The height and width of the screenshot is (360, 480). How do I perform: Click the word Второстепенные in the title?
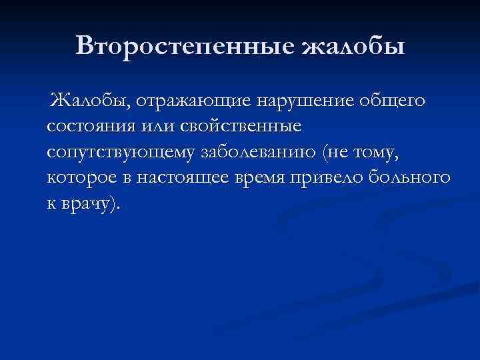185,46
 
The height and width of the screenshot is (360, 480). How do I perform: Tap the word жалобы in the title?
353,46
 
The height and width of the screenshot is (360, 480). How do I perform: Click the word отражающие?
187,101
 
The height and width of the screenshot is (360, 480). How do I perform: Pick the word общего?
391,101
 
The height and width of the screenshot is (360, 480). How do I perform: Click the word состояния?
93,126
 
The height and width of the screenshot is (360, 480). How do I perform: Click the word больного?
413,178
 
